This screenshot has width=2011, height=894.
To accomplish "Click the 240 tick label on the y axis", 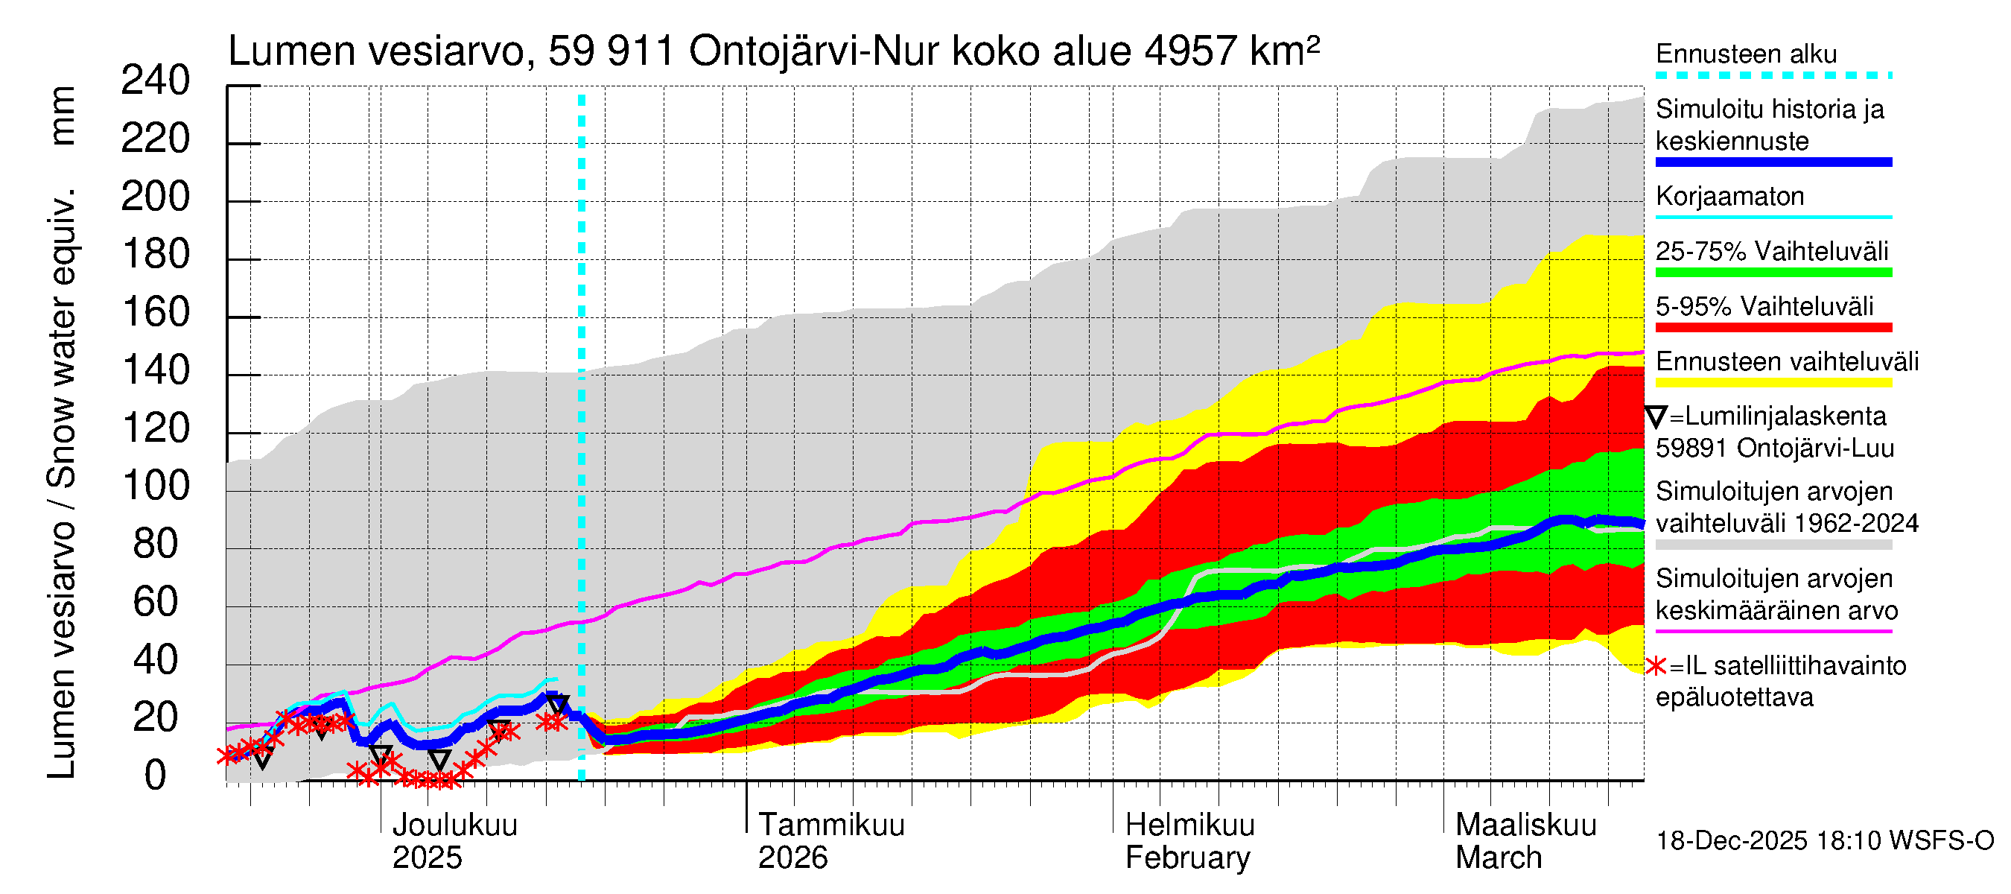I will tap(155, 81).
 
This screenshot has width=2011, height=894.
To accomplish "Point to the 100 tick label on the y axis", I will tap(156, 486).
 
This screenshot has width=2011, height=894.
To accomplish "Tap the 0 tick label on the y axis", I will tap(156, 776).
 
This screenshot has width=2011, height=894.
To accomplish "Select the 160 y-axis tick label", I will tap(156, 313).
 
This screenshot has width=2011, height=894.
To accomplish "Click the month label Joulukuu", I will tap(454, 825).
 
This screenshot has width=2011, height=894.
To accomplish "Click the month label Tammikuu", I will tap(830, 825).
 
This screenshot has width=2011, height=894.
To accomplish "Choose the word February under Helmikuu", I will tap(1186, 858).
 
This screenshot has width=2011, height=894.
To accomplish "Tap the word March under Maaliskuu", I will tap(1498, 858).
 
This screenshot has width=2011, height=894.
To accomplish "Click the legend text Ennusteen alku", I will tap(1746, 54).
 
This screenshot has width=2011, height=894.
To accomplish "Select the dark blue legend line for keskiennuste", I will tap(1773, 162).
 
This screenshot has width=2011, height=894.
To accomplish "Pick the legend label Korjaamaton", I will tap(1729, 197).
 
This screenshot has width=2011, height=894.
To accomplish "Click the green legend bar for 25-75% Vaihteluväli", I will tap(1773, 273).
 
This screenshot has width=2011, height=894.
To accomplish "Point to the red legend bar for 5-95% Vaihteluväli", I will tap(1773, 328).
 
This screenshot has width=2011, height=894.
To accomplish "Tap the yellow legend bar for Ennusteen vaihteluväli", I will tap(1773, 383).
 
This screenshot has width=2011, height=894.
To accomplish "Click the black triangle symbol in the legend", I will tap(1656, 417).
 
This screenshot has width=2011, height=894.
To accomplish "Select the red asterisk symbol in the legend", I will tap(1655, 666).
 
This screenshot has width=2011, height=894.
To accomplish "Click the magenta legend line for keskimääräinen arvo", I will tap(1773, 631).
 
